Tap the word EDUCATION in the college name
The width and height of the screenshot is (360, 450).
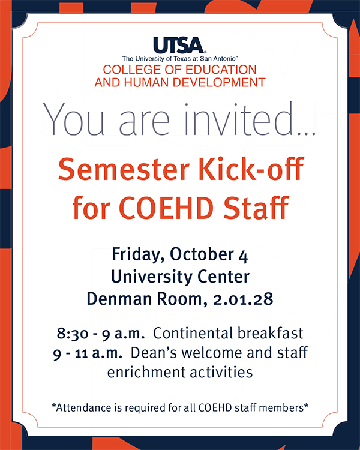(x=221, y=70)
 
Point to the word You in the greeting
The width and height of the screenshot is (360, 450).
(x=73, y=120)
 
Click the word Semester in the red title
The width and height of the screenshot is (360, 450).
(x=124, y=169)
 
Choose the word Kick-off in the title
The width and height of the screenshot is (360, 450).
(x=251, y=169)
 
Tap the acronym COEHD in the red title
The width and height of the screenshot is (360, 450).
(x=166, y=208)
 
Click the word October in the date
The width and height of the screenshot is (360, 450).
(x=202, y=254)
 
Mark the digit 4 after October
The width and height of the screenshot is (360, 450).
(x=243, y=256)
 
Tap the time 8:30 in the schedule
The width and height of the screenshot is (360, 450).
(x=73, y=334)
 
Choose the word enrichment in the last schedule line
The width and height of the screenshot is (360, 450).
(x=146, y=372)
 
